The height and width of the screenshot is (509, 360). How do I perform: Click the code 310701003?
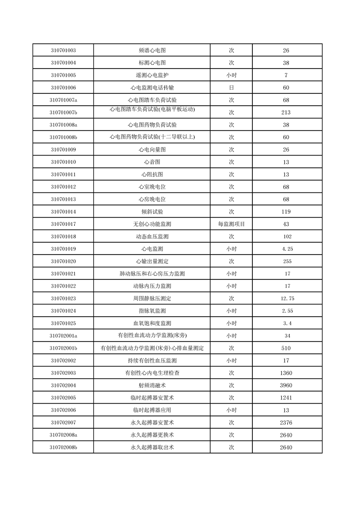click(x=63, y=50)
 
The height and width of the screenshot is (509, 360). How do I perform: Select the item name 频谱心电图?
click(x=152, y=50)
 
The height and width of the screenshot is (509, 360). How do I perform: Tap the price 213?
click(x=286, y=113)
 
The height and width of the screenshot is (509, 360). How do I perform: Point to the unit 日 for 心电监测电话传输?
click(x=231, y=88)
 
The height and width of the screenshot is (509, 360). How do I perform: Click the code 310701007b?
click(x=63, y=113)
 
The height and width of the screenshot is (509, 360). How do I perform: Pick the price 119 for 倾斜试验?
click(x=286, y=212)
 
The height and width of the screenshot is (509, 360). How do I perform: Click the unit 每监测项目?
click(x=231, y=224)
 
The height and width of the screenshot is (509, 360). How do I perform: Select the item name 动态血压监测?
click(x=152, y=237)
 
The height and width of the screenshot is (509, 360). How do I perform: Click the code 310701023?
click(x=63, y=299)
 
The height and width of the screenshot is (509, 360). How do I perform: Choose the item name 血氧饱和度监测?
click(x=152, y=323)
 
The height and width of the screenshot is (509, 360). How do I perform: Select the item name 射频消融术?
click(x=152, y=386)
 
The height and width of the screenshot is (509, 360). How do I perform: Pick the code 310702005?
click(x=63, y=398)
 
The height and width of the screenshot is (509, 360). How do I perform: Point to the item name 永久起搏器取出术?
click(x=152, y=448)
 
